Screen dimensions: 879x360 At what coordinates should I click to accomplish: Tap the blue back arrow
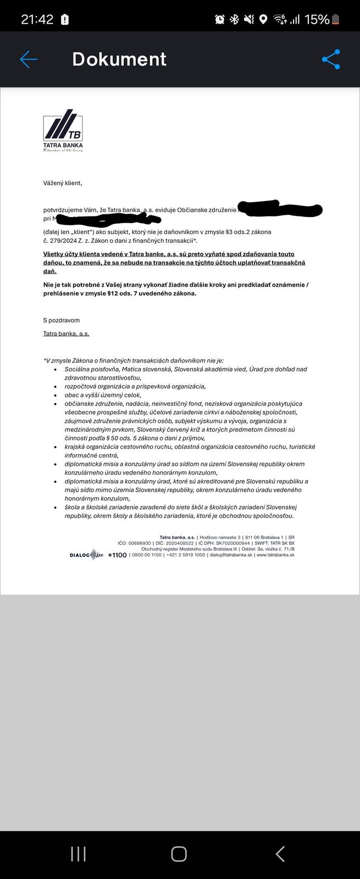point(28,59)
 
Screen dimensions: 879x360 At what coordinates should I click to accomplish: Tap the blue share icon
point(331,59)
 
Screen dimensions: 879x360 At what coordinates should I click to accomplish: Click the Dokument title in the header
point(119,59)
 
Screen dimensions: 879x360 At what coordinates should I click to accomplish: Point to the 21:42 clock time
point(37,19)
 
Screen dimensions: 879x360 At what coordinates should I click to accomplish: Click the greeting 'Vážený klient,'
point(63,183)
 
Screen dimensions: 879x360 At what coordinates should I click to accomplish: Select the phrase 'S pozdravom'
point(61,320)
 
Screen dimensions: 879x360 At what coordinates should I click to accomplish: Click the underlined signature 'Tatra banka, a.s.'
point(66,333)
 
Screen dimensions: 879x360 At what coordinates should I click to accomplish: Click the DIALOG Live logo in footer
point(86,555)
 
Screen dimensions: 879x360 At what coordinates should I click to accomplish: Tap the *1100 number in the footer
point(118,555)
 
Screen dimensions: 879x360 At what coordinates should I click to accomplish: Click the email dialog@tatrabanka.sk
point(231,555)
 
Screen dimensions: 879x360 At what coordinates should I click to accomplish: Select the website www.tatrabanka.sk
point(275,555)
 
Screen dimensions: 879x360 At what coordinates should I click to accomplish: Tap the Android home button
point(179,854)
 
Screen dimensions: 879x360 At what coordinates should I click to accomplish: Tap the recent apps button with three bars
point(78,854)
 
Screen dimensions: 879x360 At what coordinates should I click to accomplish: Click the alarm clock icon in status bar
point(219,19)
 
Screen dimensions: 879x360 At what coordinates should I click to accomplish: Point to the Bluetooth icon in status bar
point(234,19)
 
